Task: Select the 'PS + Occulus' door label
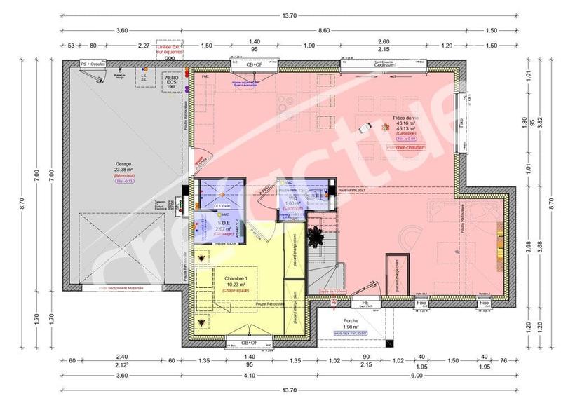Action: [x=93, y=64]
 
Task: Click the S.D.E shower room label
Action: [x=203, y=222]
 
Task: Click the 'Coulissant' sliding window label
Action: [x=386, y=65]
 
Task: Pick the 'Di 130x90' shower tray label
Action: [x=222, y=206]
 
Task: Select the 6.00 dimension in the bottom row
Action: [x=417, y=377]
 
